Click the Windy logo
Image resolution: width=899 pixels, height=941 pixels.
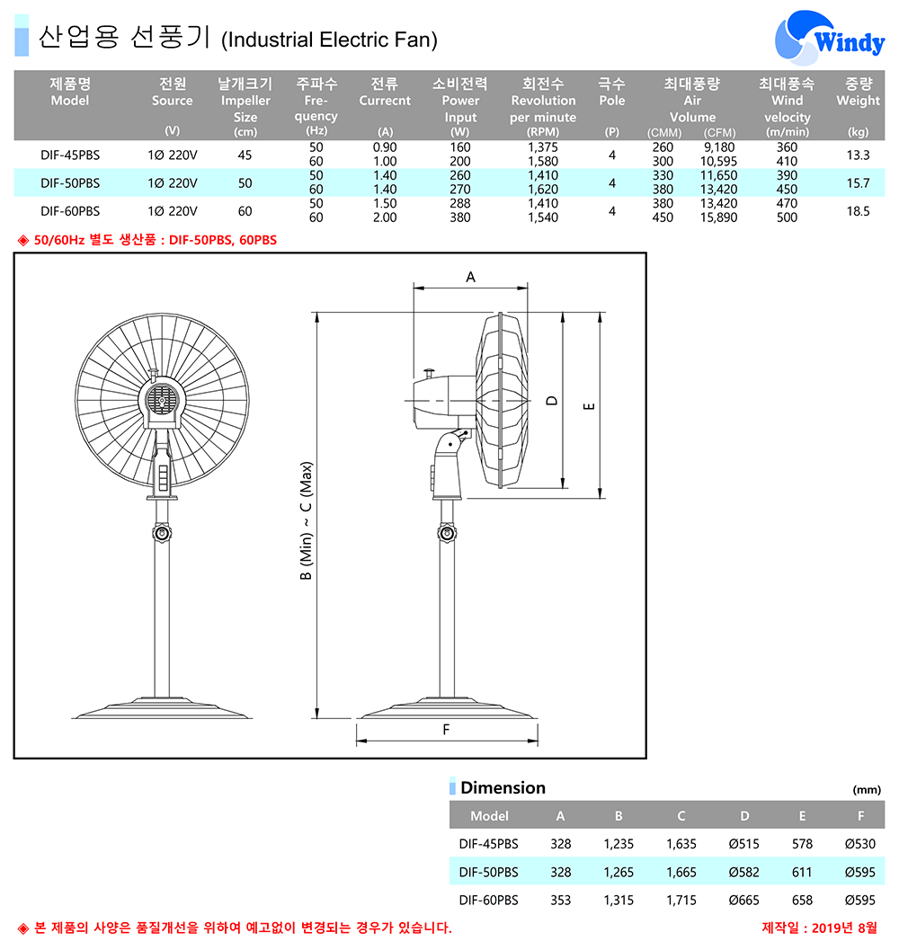coord(830,37)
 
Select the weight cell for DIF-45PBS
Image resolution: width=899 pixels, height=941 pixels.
coord(858,155)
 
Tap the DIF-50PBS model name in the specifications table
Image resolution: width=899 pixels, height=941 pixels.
coord(70,183)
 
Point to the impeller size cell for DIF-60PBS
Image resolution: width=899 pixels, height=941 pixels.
coord(245,211)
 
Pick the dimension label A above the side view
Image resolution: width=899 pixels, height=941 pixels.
coord(470,277)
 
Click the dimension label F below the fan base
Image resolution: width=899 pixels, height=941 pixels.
coord(446,730)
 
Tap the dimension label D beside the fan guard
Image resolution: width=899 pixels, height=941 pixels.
coord(552,400)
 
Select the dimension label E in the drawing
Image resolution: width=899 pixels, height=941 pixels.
coord(590,406)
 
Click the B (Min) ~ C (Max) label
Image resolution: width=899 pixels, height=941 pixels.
coord(306,521)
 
